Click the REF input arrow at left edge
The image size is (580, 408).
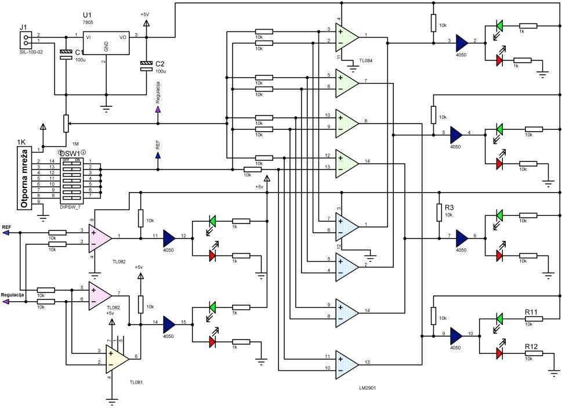[6, 233]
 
